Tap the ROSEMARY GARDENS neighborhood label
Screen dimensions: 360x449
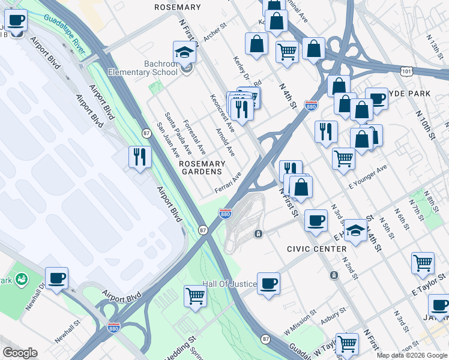click(x=202, y=167)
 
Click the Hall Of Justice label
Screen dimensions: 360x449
click(x=229, y=284)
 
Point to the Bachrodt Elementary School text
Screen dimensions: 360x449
click(x=142, y=68)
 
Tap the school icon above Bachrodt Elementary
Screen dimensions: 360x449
click(x=185, y=53)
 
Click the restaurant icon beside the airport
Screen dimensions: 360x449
click(x=139, y=157)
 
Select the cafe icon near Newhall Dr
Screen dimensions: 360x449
click(x=57, y=278)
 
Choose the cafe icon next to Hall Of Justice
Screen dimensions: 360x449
click(x=269, y=283)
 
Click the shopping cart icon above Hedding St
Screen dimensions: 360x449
click(x=196, y=296)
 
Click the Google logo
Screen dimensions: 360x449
click(x=20, y=353)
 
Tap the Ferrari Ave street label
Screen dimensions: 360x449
click(x=228, y=182)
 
